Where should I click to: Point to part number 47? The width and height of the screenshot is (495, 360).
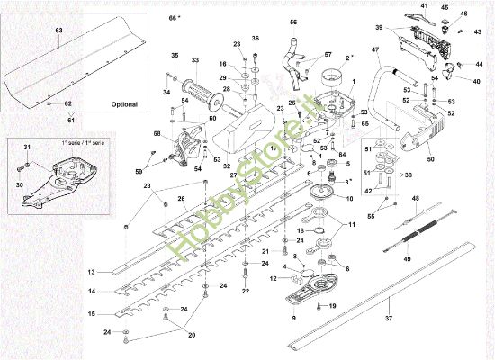374,48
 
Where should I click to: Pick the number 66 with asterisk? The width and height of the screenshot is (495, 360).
175,18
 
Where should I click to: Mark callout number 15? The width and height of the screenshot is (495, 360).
91,313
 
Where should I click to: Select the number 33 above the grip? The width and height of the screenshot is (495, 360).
194,59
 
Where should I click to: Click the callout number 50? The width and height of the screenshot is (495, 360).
430,158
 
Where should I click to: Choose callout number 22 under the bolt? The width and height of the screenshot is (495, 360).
245,292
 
